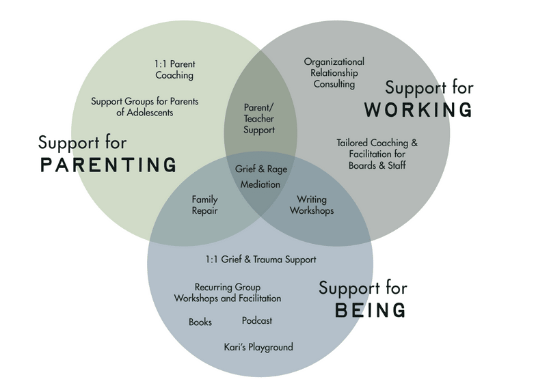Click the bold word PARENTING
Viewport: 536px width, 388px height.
(x=108, y=165)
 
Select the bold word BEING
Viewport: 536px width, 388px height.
(x=370, y=310)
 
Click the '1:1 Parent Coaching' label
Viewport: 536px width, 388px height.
(x=174, y=70)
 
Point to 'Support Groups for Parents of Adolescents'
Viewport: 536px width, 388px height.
(x=144, y=107)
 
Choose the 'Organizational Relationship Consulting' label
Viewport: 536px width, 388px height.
(x=334, y=73)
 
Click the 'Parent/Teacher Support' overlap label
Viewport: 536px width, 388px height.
(x=259, y=119)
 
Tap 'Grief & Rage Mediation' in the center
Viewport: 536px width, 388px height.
(x=260, y=176)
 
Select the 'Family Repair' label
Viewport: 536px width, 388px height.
(x=204, y=205)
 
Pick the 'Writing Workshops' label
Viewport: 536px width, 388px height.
(x=312, y=205)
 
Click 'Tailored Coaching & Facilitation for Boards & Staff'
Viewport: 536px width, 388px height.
(x=377, y=154)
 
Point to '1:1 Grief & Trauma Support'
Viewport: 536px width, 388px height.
(x=260, y=260)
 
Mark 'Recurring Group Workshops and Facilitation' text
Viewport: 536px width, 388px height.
(x=228, y=293)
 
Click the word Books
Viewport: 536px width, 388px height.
(x=200, y=322)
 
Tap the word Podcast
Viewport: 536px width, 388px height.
(x=257, y=320)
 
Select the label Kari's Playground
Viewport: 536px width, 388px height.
(x=258, y=347)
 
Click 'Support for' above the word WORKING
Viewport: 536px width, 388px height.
(x=429, y=87)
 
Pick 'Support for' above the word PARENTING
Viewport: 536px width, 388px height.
(x=82, y=143)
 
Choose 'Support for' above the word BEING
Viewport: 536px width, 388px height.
(x=362, y=288)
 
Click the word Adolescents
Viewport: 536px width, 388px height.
(x=145, y=112)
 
